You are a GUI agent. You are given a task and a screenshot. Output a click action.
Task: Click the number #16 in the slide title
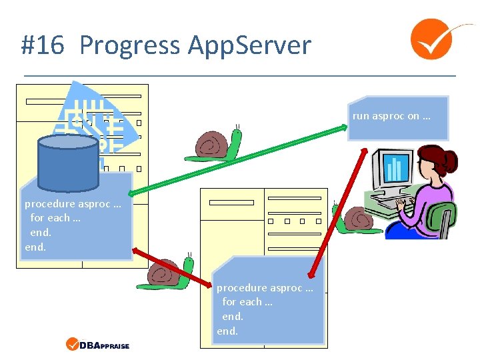[42, 45]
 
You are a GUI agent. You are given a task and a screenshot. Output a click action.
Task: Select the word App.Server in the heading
[249, 45]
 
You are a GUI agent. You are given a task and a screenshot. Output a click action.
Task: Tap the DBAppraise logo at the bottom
[98, 345]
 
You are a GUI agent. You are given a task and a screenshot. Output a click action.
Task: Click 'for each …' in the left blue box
[55, 217]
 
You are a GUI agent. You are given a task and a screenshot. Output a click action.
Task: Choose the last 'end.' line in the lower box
[227, 331]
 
